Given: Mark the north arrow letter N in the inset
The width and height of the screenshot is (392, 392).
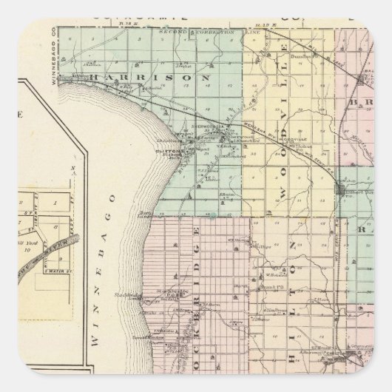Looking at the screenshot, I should [72, 169].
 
